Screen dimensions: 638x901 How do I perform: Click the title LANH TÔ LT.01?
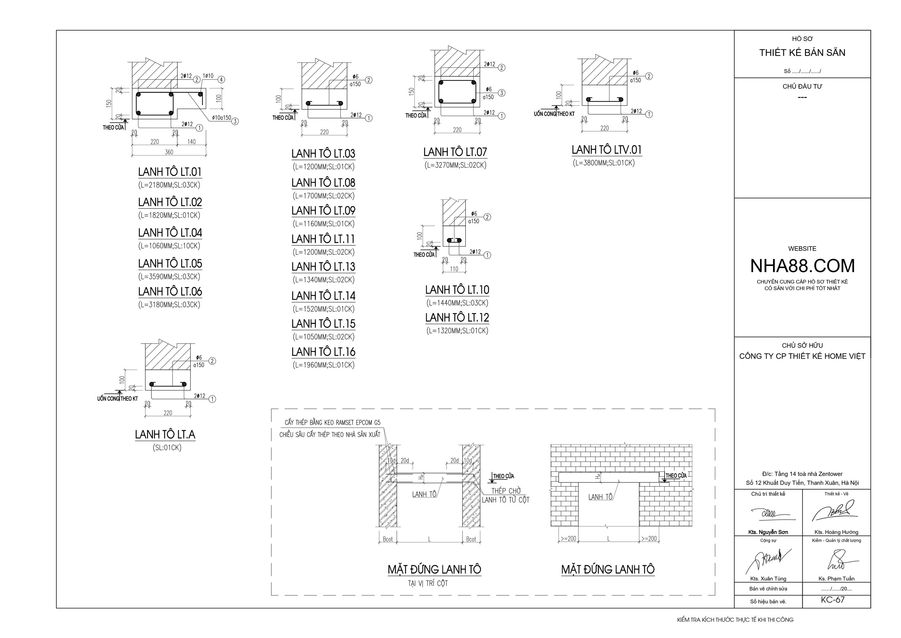click(x=169, y=172)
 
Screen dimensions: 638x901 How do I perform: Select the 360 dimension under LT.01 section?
click(x=169, y=152)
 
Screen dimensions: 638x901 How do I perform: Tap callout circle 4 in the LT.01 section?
click(x=221, y=79)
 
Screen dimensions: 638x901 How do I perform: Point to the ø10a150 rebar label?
click(x=221, y=118)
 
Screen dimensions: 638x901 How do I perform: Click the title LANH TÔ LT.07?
click(x=455, y=152)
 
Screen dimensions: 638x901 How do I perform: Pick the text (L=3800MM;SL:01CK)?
click(x=604, y=163)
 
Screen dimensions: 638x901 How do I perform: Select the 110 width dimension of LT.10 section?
click(x=454, y=269)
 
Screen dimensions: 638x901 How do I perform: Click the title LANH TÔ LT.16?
click(x=323, y=352)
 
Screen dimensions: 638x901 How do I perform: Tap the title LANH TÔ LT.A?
click(x=165, y=434)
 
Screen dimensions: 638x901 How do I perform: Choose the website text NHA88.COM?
click(x=802, y=266)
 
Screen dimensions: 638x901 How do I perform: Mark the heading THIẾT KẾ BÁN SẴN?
click(x=802, y=53)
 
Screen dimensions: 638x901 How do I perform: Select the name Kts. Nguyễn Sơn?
click(x=768, y=532)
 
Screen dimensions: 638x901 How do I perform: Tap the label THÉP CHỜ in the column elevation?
click(x=506, y=491)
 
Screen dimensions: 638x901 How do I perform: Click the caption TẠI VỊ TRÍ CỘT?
click(x=428, y=584)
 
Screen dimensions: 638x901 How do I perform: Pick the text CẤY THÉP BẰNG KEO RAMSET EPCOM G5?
click(x=332, y=423)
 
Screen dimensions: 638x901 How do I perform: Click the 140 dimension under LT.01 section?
click(x=191, y=142)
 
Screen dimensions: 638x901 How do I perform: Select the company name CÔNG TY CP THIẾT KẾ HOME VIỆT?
click(x=802, y=356)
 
